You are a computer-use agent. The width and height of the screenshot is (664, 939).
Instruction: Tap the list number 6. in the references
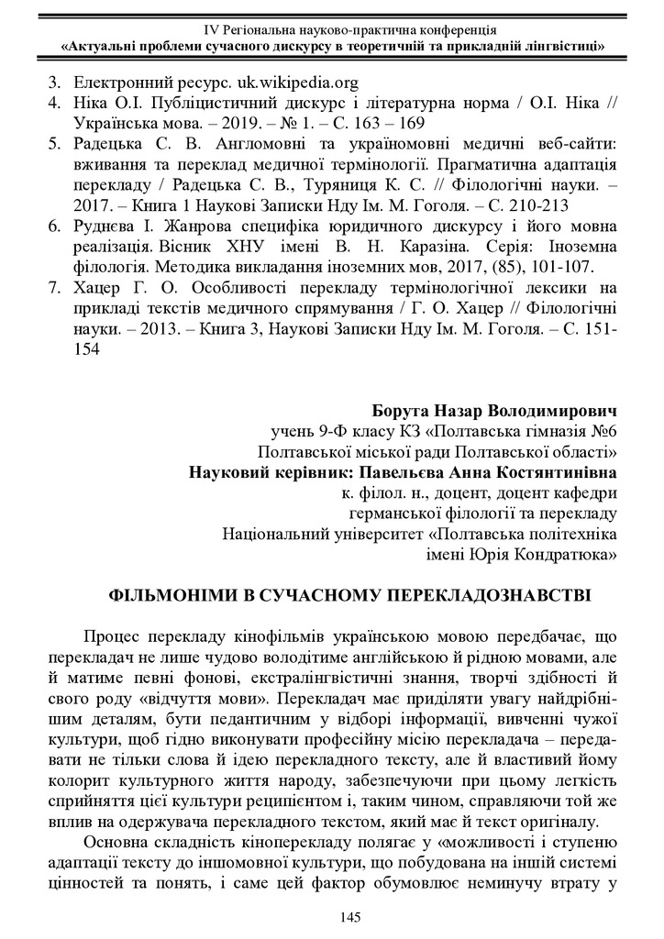53,226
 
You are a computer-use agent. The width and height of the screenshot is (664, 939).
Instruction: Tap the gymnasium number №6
601,430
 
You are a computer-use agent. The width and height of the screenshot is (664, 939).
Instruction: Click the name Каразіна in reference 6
409,246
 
